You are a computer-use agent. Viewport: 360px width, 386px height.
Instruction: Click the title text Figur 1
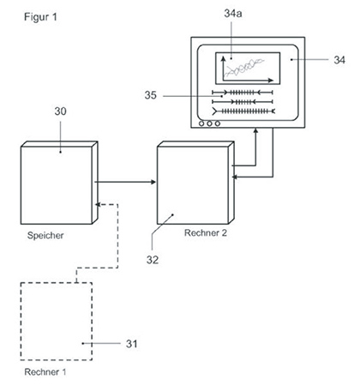[40, 17]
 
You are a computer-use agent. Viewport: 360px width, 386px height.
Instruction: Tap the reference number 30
[60, 112]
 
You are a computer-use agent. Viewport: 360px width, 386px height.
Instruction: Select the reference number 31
[131, 343]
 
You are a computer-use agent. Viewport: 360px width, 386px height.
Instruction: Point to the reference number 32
[153, 260]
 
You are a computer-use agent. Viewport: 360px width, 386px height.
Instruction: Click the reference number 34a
[233, 13]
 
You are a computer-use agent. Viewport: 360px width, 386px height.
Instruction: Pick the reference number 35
[151, 95]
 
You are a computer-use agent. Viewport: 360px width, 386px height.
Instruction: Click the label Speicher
[45, 235]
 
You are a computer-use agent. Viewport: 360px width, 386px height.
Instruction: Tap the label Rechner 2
[206, 232]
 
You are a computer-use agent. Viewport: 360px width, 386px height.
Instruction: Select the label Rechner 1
[45, 371]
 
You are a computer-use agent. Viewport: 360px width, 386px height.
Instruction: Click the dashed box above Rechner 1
[21, 321]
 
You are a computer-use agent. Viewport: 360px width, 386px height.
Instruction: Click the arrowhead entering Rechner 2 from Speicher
[153, 182]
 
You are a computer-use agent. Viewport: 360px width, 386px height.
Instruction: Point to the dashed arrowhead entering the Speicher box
[98, 204]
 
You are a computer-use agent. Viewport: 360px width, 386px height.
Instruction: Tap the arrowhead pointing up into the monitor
[256, 130]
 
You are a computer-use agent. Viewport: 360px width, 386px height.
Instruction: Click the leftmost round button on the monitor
[201, 124]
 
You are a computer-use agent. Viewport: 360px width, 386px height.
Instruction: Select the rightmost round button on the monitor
[218, 124]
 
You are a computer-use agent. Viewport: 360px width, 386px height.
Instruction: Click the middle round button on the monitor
[209, 124]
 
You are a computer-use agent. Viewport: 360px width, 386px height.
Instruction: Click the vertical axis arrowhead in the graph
[224, 58]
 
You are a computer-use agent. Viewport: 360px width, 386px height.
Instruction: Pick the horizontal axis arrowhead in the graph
[271, 81]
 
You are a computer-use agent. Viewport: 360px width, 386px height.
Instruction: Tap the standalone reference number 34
[339, 60]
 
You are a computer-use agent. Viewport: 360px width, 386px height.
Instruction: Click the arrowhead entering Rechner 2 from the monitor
[235, 178]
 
